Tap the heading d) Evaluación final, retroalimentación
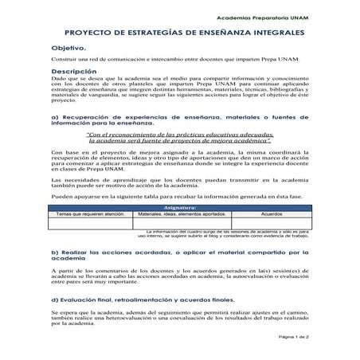pyautogui.click(x=143, y=299)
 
